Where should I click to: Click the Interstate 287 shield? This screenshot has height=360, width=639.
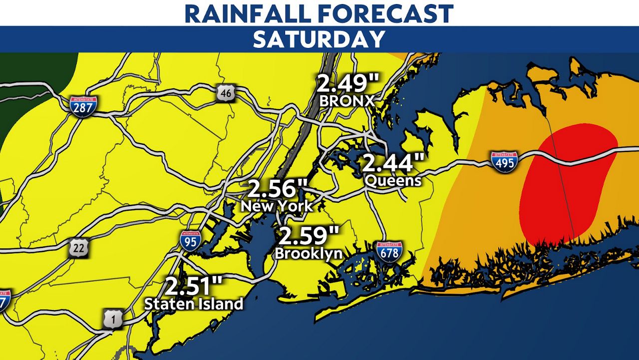coord(83,106)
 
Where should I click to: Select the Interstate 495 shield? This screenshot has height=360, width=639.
coord(504,162)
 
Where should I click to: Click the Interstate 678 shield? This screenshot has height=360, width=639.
coord(389,252)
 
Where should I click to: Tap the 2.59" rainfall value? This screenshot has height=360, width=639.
coord(310,235)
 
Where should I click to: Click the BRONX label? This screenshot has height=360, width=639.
coord(346,100)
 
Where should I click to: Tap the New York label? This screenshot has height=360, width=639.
coord(277,205)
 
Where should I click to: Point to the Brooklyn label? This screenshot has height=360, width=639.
coord(309,253)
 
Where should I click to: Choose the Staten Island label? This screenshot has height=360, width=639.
coord(194,303)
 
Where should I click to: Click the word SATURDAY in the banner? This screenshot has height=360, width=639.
coord(319,39)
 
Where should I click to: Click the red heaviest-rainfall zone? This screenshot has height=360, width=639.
coord(564,185)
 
